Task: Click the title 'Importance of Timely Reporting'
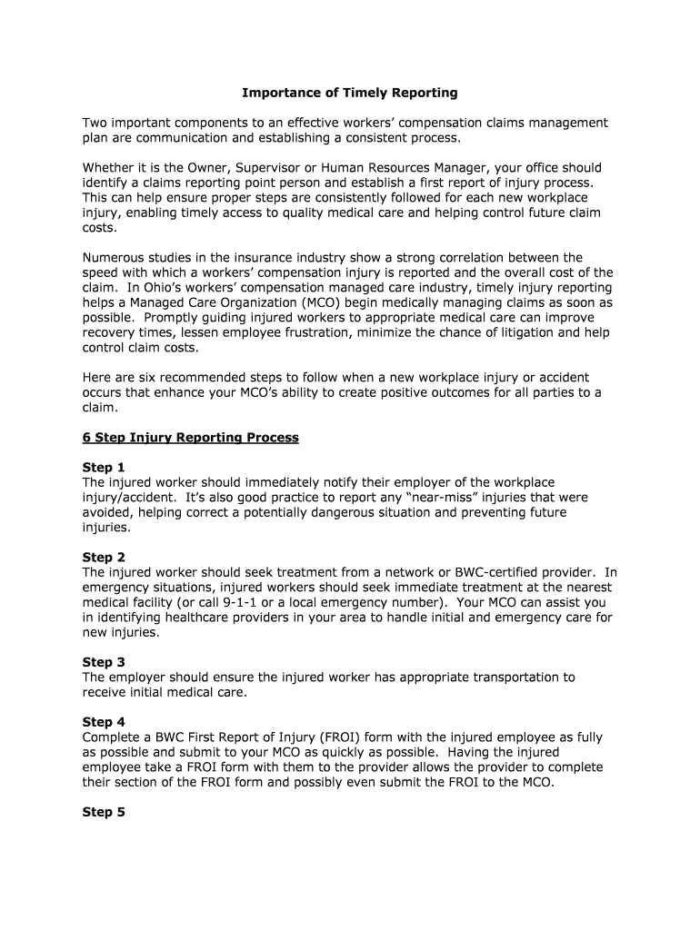click(x=350, y=93)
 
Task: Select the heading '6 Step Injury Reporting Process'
click(x=190, y=438)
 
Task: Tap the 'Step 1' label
click(x=104, y=468)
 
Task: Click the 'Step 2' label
click(x=104, y=558)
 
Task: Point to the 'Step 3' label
click(x=104, y=662)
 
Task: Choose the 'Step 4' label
click(x=104, y=723)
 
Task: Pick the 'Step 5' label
click(x=104, y=812)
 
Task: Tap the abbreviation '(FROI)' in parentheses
click(x=342, y=737)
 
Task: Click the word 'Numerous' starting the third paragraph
click(x=114, y=258)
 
